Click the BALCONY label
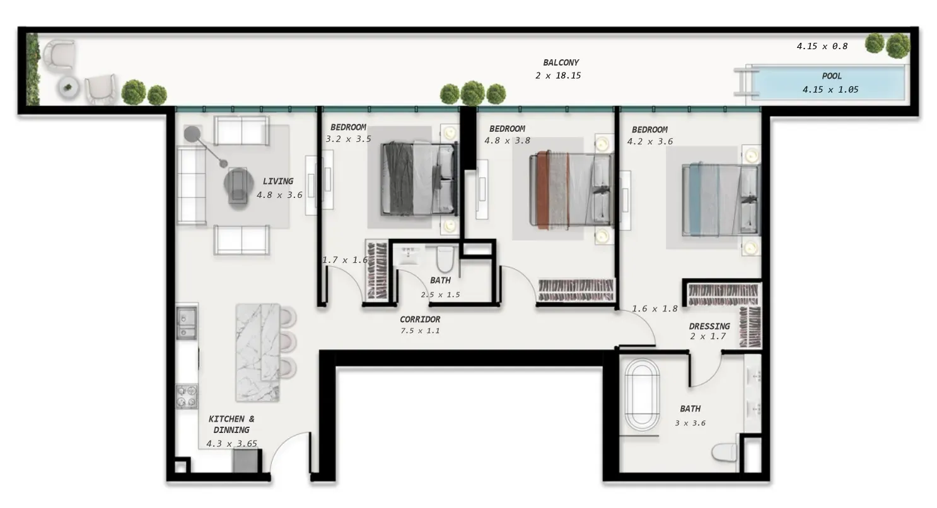click(x=561, y=62)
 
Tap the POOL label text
click(x=832, y=76)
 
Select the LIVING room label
click(x=277, y=181)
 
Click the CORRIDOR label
click(x=420, y=320)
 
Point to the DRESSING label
click(x=709, y=326)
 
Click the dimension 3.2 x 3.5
click(x=349, y=139)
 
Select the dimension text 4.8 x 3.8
click(x=508, y=141)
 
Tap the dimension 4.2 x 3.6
click(x=650, y=142)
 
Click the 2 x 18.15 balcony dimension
click(x=558, y=76)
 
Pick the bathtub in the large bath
click(x=642, y=395)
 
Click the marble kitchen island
click(x=258, y=352)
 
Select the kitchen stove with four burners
click(x=187, y=396)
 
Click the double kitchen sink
click(x=186, y=323)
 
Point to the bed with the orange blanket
click(x=572, y=190)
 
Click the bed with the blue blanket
click(x=721, y=200)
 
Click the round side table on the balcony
click(x=68, y=88)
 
